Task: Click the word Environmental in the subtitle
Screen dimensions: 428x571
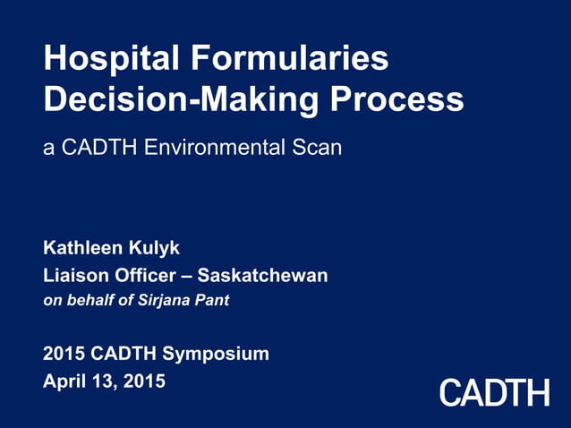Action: [x=220, y=147]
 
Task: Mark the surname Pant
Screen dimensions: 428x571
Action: [x=212, y=300]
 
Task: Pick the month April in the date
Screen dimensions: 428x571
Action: [x=64, y=381]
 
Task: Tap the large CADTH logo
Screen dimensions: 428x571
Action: [x=494, y=392]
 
